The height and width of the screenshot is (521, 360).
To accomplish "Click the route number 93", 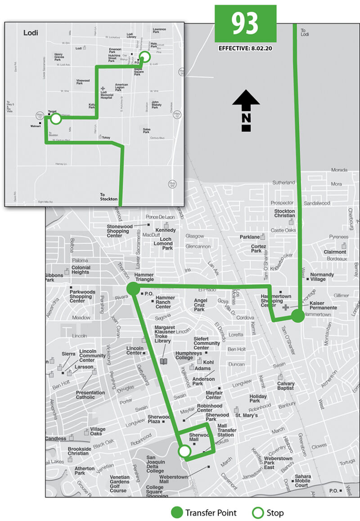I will pyautogui.click(x=245, y=23).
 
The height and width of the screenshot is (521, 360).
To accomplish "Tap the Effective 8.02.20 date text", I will pyautogui.click(x=245, y=48).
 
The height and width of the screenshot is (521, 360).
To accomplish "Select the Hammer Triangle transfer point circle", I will pyautogui.click(x=133, y=289).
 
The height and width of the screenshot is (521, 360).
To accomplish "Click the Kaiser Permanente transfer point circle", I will pyautogui.click(x=298, y=316).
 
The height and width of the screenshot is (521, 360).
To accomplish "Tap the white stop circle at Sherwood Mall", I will pyautogui.click(x=184, y=451).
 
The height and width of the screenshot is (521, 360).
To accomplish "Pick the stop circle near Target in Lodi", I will pyautogui.click(x=56, y=119).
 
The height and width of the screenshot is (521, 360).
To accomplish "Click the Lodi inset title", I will pyautogui.click(x=31, y=33).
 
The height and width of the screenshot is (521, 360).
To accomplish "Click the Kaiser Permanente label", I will pyautogui.click(x=323, y=305).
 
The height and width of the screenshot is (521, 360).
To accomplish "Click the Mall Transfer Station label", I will pyautogui.click(x=226, y=430).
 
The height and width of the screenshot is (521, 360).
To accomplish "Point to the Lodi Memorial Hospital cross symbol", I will pyautogui.click(x=103, y=89).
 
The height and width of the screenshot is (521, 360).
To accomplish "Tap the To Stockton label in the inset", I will pyautogui.click(x=109, y=196).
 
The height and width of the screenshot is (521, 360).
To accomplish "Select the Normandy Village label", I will pyautogui.click(x=322, y=277).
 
